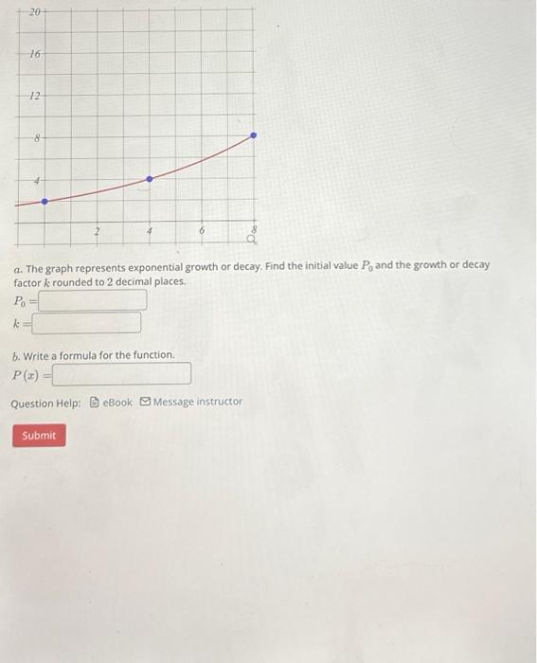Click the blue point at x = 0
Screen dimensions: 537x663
pos(44,201)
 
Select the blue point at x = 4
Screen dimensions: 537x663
pos(149,178)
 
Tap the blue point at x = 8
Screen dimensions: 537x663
pos(253,136)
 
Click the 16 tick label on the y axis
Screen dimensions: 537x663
pos(34,54)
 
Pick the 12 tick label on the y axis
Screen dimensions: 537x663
pos(34,96)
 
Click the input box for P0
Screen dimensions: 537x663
pos(92,301)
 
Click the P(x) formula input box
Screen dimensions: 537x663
pos(122,375)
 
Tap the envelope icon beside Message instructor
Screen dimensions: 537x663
pos(145,402)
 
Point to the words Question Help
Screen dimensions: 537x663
pos(45,403)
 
